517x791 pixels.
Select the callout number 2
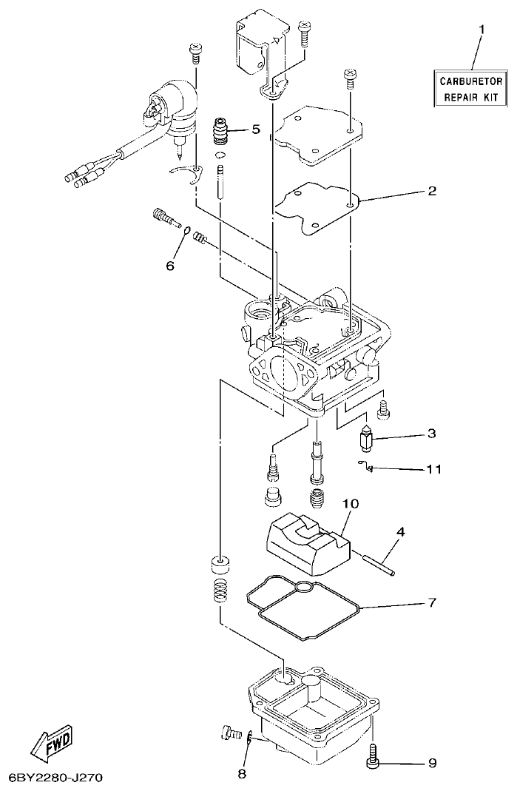[432, 190]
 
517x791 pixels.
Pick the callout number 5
[255, 129]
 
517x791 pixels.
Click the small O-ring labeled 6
[188, 230]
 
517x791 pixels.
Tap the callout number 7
[432, 603]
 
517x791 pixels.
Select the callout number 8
[241, 775]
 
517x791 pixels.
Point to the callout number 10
[351, 504]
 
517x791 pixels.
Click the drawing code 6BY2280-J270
[55, 778]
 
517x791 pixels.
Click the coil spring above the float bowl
[220, 591]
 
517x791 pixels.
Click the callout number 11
[433, 469]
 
